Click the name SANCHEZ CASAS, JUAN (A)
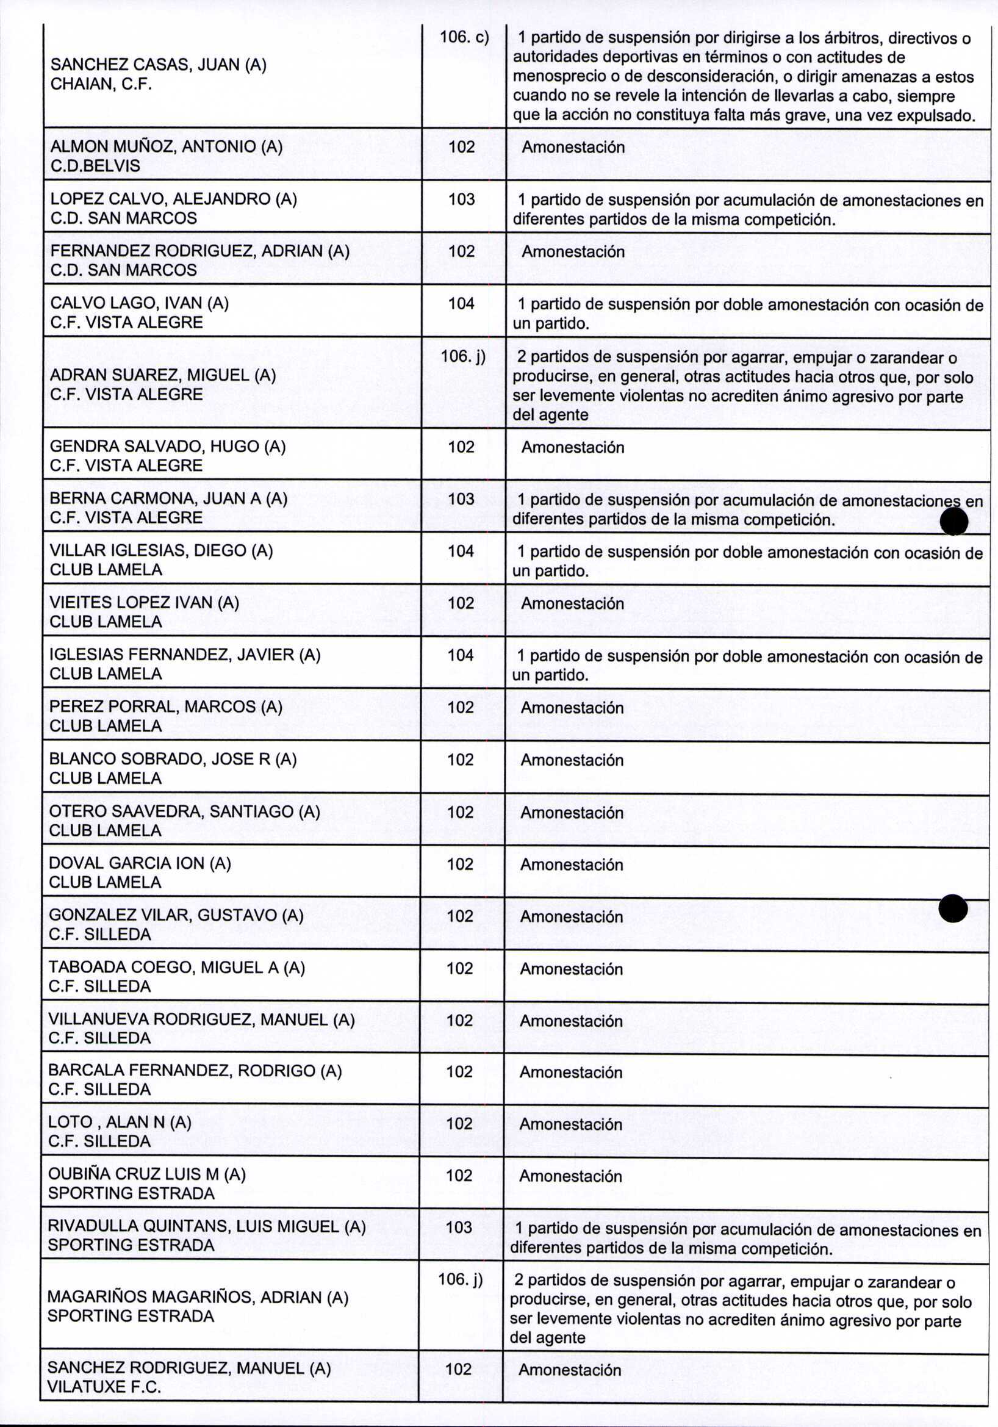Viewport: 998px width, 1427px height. point(158,65)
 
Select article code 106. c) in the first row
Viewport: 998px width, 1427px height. point(464,37)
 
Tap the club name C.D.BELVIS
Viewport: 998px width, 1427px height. point(95,166)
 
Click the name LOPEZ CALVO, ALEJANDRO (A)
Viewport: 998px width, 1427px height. point(173,199)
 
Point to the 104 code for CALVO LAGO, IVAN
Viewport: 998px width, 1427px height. point(461,303)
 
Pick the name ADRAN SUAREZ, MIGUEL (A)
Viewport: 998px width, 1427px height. point(163,375)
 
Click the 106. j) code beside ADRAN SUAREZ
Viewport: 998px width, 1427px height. point(463,356)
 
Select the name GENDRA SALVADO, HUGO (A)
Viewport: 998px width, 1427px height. point(167,446)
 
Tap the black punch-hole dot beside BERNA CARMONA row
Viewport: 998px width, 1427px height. point(954,521)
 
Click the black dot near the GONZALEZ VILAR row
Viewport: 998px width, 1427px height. point(953,908)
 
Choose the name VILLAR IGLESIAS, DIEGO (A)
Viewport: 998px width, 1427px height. point(161,551)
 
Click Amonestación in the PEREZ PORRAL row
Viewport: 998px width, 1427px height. point(572,708)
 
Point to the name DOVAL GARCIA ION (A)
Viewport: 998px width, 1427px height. point(140,863)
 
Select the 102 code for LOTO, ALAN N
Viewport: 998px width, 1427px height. point(459,1124)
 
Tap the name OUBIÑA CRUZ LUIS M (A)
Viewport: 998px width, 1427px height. point(146,1174)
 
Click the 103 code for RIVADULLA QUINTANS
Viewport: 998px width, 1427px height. point(459,1227)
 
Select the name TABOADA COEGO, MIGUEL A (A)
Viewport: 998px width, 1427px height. point(176,968)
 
